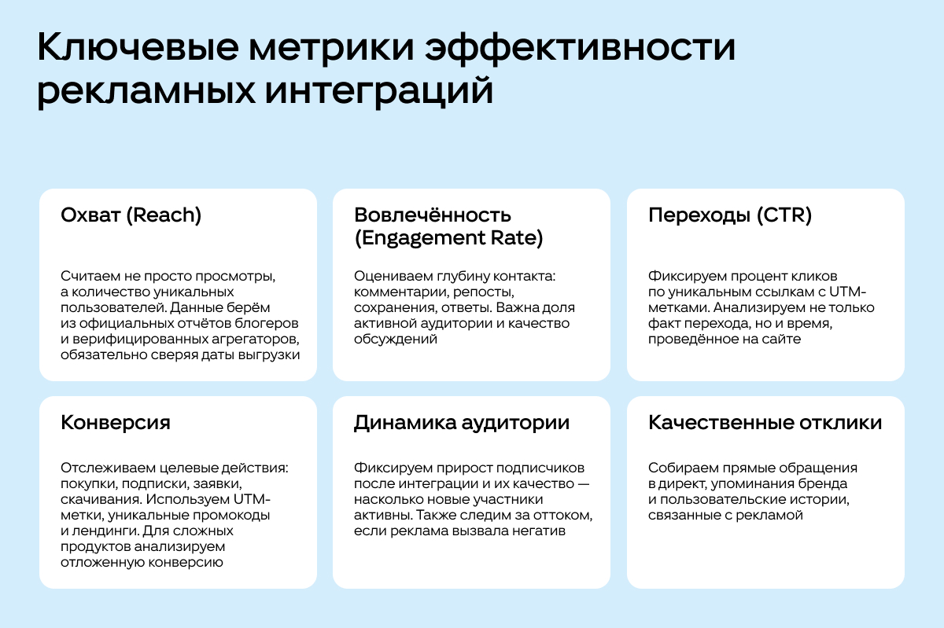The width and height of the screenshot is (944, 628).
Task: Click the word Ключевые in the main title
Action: tap(138, 47)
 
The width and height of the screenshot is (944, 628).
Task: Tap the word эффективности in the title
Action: tap(580, 48)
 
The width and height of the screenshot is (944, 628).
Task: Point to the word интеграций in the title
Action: tap(379, 91)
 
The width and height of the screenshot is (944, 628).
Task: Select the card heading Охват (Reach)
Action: tap(131, 215)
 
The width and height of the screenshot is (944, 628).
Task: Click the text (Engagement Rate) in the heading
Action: tap(448, 238)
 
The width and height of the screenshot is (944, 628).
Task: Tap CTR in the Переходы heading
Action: tap(784, 215)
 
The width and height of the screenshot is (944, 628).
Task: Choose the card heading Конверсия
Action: tap(116, 422)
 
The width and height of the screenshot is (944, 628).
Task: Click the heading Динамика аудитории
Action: tap(462, 423)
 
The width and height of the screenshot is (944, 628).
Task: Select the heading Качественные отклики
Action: tap(765, 422)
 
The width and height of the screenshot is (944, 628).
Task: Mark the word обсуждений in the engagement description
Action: tap(395, 340)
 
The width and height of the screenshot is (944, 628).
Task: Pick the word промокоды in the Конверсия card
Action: tap(231, 516)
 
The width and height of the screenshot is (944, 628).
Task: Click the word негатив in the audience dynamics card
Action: tap(539, 531)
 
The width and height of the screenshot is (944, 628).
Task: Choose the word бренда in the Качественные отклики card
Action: tap(823, 484)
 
